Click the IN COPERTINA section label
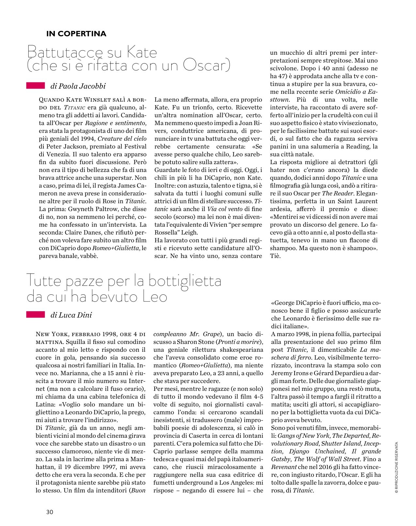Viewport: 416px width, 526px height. [76, 34]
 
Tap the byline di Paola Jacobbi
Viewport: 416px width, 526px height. [78, 86]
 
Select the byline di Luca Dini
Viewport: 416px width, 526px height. [71, 315]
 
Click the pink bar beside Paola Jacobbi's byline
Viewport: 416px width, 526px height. [35, 85]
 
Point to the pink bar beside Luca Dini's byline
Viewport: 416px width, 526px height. [35, 314]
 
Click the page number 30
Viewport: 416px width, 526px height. [49, 512]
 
